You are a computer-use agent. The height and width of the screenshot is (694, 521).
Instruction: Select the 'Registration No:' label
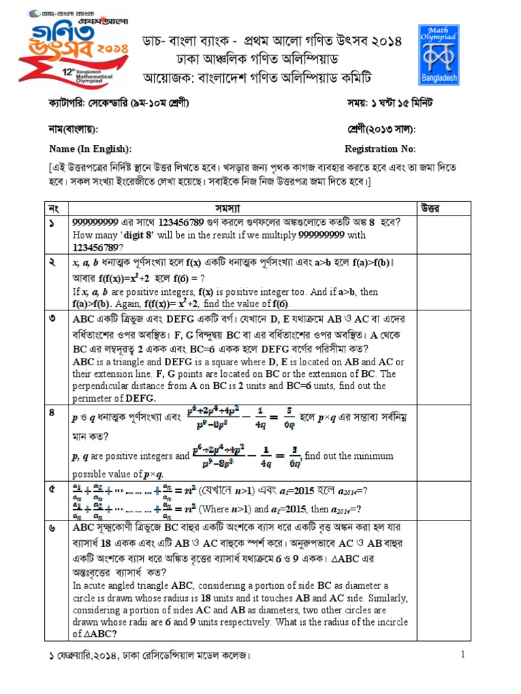[381, 149]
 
